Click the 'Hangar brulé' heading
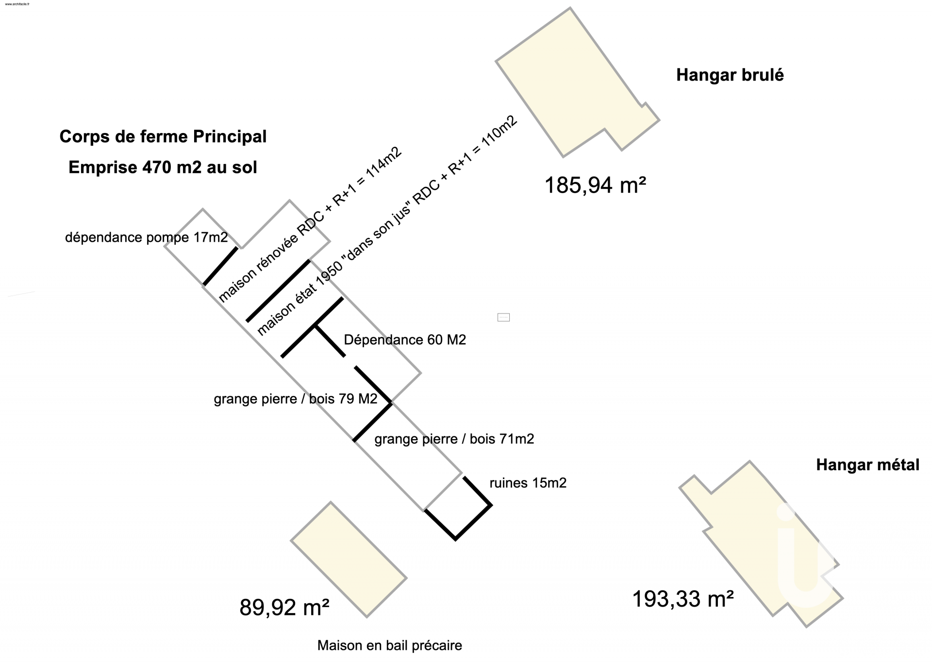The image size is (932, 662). pyautogui.click(x=730, y=75)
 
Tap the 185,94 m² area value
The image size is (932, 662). pyautogui.click(x=595, y=185)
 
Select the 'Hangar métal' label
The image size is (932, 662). pyautogui.click(x=867, y=465)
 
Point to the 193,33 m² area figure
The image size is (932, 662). pyautogui.click(x=682, y=599)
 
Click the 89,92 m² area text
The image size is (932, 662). pyautogui.click(x=284, y=608)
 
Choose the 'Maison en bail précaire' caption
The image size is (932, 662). pyautogui.click(x=389, y=645)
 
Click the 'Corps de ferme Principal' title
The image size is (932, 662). pyautogui.click(x=163, y=137)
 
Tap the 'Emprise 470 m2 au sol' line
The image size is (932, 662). pyautogui.click(x=163, y=167)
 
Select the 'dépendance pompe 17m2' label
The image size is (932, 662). pyautogui.click(x=146, y=237)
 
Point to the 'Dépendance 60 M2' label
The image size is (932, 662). pyautogui.click(x=405, y=340)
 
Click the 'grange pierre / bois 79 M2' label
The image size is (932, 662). pyautogui.click(x=295, y=399)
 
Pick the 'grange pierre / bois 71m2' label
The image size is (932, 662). pyautogui.click(x=454, y=439)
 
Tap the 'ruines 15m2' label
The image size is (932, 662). pyautogui.click(x=528, y=483)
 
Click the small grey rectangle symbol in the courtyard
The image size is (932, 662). pyautogui.click(x=503, y=317)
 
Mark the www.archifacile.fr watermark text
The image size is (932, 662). pyautogui.click(x=17, y=4)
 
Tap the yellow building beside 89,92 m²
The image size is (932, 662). pyautogui.click(x=349, y=559)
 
